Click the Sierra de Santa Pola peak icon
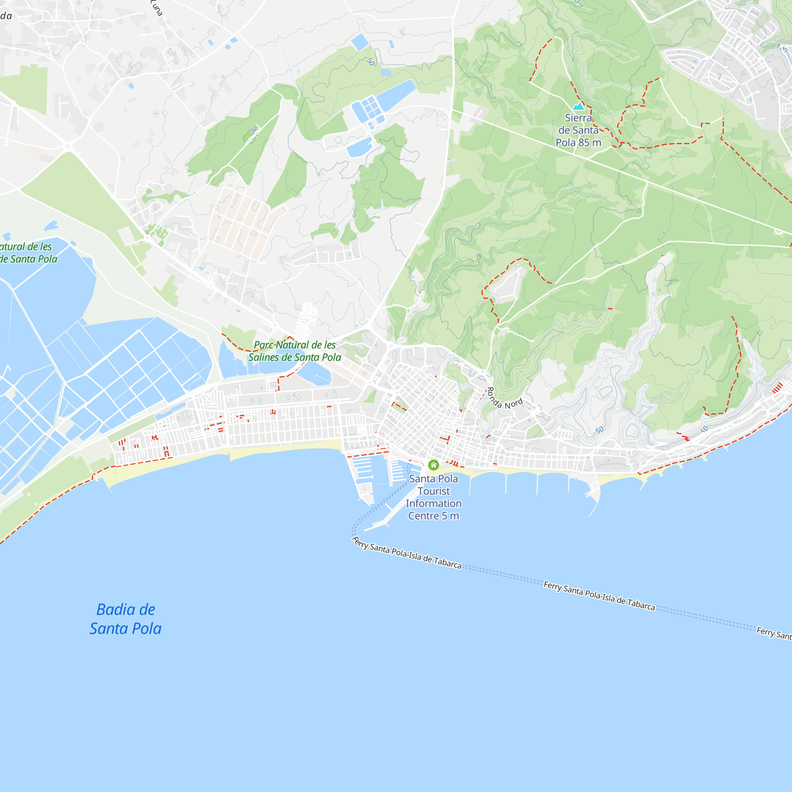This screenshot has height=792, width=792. [x=579, y=107]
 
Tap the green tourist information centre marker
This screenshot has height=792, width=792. [x=433, y=465]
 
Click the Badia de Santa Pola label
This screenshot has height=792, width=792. [x=126, y=619]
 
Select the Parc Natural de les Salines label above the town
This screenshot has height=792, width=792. [x=295, y=351]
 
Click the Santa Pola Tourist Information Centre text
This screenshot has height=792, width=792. [x=433, y=497]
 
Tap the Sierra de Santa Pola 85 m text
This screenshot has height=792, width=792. [x=579, y=130]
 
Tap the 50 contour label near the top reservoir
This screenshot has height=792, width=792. [x=371, y=62]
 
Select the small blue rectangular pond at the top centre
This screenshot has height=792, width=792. [x=360, y=42]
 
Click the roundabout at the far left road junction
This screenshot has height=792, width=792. [x=68, y=147]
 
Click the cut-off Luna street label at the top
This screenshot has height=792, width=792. [x=156, y=8]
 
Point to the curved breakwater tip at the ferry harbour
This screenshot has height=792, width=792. [x=366, y=529]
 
